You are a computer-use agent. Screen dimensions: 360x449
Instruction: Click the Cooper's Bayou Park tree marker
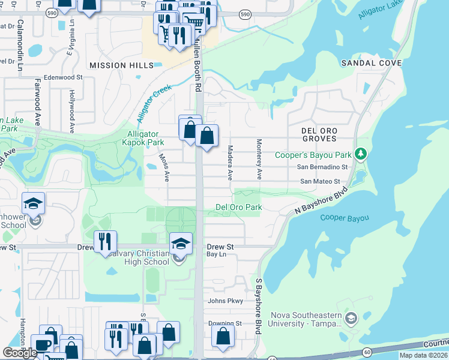point(360,155)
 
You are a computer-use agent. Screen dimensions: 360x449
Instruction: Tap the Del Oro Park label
point(239,208)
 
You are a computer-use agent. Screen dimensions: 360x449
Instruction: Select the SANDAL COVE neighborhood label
point(371,63)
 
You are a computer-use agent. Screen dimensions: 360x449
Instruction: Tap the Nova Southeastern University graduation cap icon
point(352,317)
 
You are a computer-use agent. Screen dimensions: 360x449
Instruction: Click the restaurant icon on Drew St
point(105,241)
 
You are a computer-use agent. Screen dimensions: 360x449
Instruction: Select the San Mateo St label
point(320,181)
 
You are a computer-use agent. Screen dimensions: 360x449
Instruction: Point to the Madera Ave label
point(230,162)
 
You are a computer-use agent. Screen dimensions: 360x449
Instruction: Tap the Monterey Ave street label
point(259,160)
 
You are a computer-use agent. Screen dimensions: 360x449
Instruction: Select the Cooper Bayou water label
point(344,218)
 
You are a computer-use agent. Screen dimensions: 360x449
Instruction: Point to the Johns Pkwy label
point(225,301)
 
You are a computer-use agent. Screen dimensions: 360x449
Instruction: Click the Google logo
point(20,353)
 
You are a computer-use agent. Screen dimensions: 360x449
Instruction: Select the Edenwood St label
point(58,77)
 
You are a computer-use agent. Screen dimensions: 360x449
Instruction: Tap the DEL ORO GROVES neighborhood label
point(319,134)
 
